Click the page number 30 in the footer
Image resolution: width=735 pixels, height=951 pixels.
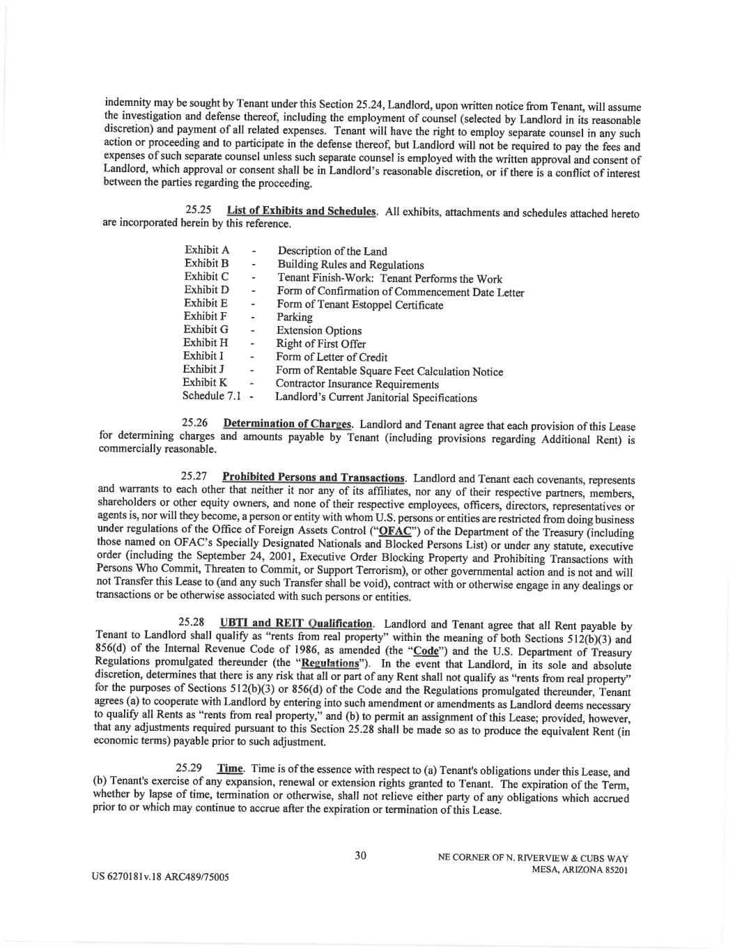tap(360, 856)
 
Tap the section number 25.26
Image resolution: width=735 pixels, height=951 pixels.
tap(196, 422)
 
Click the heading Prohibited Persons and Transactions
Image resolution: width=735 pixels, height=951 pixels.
tap(313, 478)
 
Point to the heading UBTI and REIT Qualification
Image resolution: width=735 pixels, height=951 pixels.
tap(295, 623)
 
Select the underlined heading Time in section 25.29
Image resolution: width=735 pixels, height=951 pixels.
tap(230, 768)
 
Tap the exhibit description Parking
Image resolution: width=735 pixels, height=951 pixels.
tap(295, 318)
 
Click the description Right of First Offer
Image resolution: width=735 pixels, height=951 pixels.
tap(320, 344)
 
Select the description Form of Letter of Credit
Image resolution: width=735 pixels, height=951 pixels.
tap(332, 357)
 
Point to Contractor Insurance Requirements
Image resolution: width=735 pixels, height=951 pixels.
tap(357, 384)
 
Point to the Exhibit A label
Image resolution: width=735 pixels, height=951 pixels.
tap(206, 249)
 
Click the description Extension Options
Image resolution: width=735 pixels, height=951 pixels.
tap(319, 331)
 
